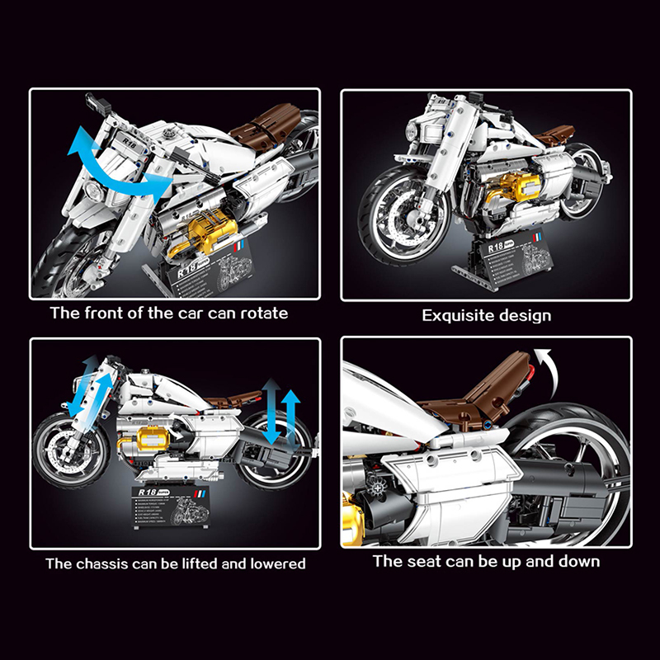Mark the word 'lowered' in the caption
274,564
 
